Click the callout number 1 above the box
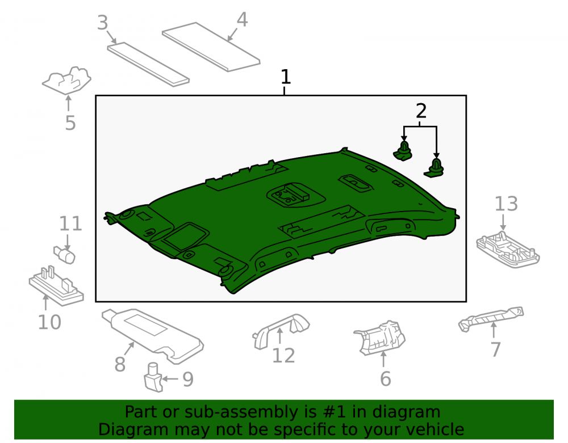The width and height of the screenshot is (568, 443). (286, 77)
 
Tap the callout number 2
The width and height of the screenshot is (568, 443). (421, 111)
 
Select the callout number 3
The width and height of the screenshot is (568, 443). (103, 23)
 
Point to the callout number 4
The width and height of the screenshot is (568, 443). (242, 19)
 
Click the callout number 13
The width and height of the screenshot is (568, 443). (506, 204)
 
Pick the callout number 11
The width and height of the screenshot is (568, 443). (70, 224)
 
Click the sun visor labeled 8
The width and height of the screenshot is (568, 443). (152, 335)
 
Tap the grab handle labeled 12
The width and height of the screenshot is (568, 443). (281, 330)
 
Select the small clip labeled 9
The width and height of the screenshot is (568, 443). (153, 378)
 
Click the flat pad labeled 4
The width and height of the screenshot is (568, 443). (211, 47)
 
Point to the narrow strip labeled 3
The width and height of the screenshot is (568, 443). (148, 64)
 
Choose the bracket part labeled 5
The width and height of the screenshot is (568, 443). (67, 81)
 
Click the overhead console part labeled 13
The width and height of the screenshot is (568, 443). (508, 250)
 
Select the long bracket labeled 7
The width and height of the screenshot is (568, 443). (491, 319)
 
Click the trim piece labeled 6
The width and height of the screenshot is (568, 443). (379, 337)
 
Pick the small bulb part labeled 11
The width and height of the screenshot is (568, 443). (65, 255)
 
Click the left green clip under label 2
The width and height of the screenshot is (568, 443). (403, 151)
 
